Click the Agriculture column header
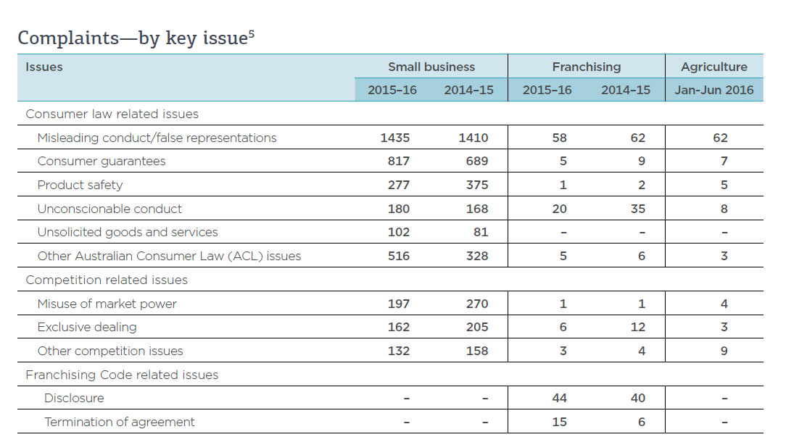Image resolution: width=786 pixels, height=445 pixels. [713, 67]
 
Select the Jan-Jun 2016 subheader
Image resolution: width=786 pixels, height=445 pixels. [713, 91]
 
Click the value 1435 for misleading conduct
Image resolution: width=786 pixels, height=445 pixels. [394, 138]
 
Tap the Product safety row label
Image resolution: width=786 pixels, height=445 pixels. [80, 185]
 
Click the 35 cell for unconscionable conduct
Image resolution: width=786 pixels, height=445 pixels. [637, 209]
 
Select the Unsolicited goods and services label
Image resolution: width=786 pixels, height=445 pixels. [128, 232]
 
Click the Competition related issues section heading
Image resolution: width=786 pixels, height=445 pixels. [107, 280]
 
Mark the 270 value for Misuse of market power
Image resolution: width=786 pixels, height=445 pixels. [476, 304]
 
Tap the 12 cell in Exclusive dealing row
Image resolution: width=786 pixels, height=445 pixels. [637, 327]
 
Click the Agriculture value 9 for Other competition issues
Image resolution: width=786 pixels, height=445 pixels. [724, 351]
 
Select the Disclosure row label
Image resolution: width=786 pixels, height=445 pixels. [74, 398]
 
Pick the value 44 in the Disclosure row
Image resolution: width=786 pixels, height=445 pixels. [559, 398]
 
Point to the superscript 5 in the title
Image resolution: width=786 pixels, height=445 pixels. [251, 33]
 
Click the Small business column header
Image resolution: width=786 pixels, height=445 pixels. [431, 67]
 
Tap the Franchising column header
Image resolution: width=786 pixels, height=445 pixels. [586, 67]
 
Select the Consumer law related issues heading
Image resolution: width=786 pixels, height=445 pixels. [112, 114]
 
